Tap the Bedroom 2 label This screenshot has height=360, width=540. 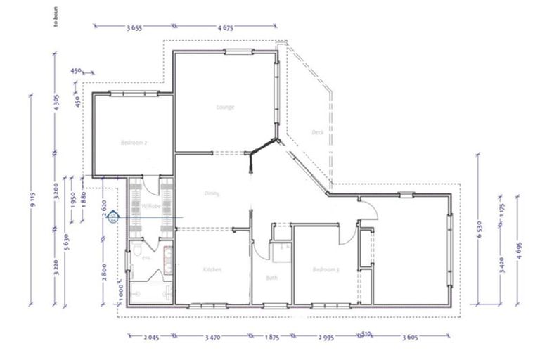tap(133, 143)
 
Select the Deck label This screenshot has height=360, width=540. tap(316, 132)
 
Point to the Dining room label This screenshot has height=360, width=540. tap(212, 193)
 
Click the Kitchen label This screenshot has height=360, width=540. tap(212, 270)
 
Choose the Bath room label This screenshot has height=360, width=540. tap(271, 278)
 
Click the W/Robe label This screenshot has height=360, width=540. tap(151, 206)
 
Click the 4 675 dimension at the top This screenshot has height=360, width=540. tap(226, 27)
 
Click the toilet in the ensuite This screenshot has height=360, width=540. tap(141, 251)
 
